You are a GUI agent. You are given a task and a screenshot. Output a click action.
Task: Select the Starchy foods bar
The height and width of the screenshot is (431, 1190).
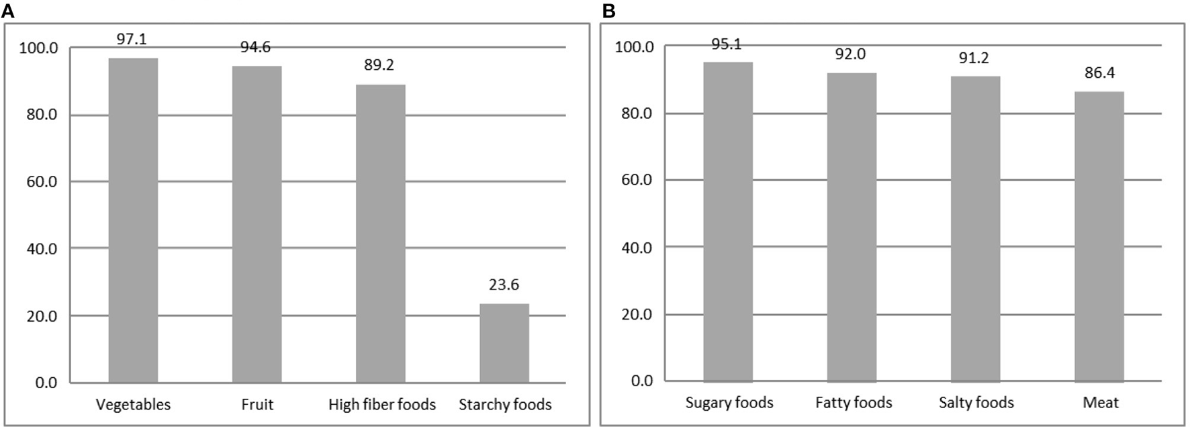[504, 343]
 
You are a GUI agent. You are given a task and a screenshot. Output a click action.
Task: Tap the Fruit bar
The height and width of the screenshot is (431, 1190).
[257, 224]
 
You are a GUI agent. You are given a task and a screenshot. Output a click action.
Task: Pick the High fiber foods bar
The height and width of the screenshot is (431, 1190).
[380, 233]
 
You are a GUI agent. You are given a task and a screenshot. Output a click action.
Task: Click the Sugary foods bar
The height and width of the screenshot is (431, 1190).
[728, 222]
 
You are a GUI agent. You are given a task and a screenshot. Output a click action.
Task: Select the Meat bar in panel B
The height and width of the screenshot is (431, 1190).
[1099, 236]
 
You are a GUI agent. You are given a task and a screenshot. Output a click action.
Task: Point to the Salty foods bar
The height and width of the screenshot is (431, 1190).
[975, 228]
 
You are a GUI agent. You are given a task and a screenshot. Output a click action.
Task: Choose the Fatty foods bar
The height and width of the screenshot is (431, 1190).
[852, 227]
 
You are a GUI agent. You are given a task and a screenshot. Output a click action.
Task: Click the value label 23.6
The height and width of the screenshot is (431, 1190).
[504, 285]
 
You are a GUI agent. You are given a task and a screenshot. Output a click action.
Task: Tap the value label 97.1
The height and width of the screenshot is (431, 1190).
[132, 39]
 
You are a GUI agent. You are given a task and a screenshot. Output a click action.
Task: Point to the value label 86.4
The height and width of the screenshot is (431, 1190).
[1099, 73]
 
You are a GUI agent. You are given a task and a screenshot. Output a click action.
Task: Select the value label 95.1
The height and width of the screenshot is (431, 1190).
[727, 44]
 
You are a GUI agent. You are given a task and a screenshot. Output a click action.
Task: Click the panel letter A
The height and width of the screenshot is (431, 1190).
[7, 11]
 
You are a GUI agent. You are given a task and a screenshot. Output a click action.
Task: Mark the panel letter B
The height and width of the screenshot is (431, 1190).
[608, 11]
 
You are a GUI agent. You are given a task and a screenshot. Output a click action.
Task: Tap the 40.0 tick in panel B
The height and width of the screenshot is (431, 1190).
[636, 248]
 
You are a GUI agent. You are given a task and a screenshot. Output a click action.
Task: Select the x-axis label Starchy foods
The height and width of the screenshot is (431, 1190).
[505, 404]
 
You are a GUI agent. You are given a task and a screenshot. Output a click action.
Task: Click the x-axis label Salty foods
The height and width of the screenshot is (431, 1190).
[976, 402]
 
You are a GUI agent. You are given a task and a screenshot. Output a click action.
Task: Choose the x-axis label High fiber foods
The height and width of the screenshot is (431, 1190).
[381, 404]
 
